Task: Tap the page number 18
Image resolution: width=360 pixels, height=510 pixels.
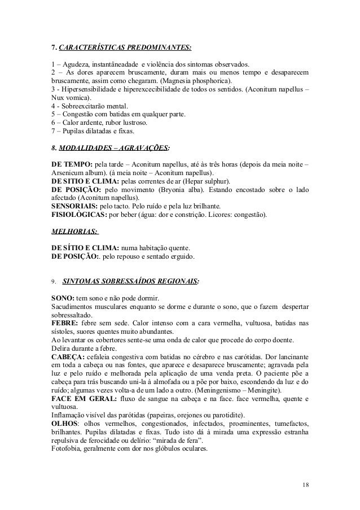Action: [305, 484]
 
